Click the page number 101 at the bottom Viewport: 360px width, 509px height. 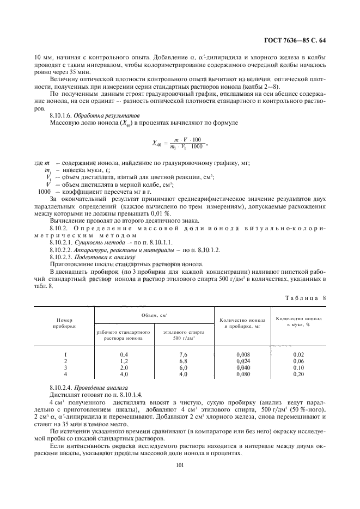180,464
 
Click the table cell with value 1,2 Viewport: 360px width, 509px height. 124,361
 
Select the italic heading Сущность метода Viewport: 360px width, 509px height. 95,241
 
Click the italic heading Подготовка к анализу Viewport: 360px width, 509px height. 97,256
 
